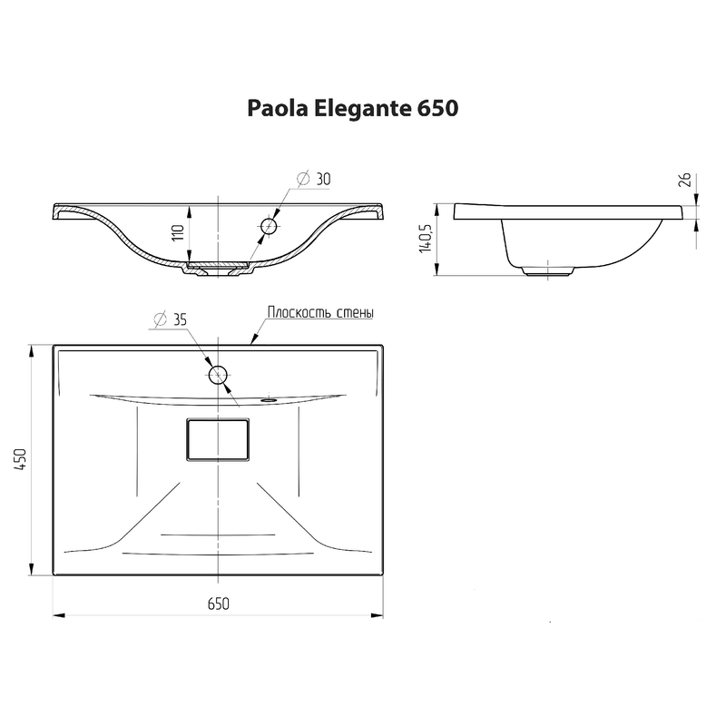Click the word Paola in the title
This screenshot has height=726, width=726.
point(278,108)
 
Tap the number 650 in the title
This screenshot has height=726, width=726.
point(437,108)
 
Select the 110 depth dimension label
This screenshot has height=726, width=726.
point(178,232)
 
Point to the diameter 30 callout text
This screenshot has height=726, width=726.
point(313,179)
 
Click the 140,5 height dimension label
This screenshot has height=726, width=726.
point(425,238)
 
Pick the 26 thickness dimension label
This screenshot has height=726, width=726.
point(685,179)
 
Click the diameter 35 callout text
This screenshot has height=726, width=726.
point(170,319)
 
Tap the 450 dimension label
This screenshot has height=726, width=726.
point(21,459)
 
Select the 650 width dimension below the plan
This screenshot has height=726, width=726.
point(219,603)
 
